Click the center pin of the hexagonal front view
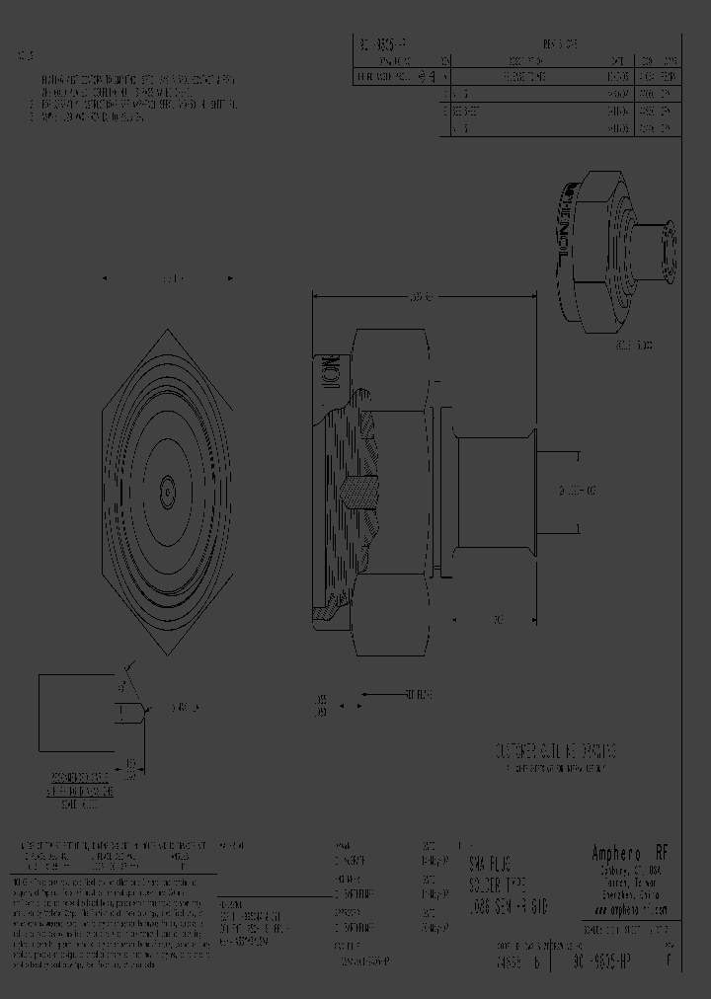(x=168, y=487)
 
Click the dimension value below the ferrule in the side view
(x=499, y=619)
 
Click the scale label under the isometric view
(x=633, y=346)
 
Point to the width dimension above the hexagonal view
(x=168, y=279)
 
